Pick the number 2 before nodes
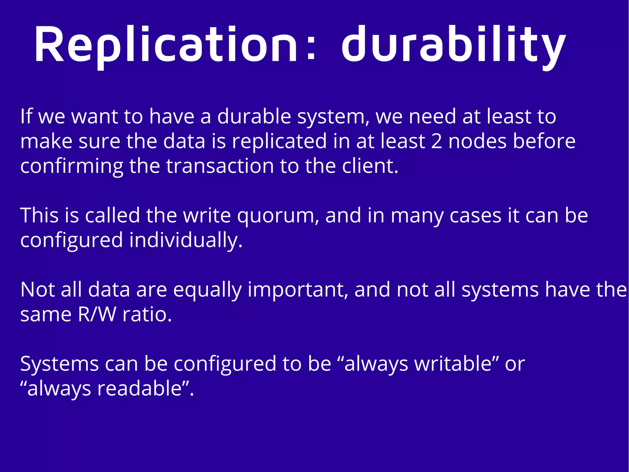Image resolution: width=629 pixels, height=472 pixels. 436,141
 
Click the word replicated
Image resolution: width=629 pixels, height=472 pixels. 279,141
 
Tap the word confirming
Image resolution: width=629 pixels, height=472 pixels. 72,166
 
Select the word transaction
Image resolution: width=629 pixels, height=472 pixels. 220,166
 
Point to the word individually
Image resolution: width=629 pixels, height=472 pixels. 186,240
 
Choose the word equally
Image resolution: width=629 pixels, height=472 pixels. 207,290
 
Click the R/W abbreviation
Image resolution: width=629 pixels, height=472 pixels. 97,315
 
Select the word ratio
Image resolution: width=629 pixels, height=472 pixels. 147,315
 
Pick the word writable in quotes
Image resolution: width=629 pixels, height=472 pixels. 453,364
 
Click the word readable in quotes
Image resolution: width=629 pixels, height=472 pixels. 140,389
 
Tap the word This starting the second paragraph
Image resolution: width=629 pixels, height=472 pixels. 39,215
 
